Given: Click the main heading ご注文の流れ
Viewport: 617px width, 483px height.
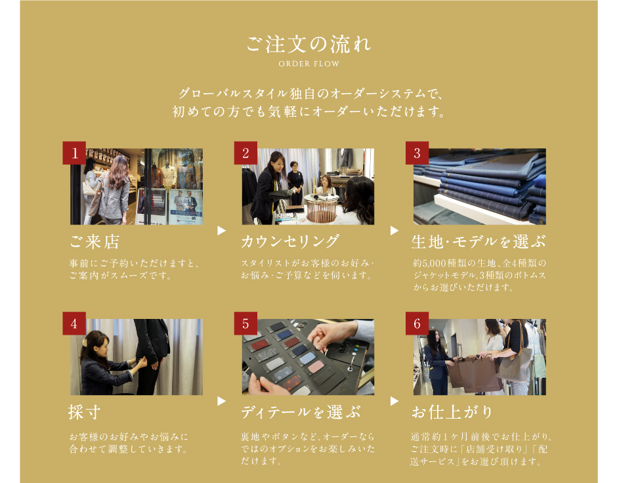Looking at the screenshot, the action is [308, 44].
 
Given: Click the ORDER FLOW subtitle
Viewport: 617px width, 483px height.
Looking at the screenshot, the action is [309, 64].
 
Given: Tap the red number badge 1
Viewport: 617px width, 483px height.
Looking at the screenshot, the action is [74, 153].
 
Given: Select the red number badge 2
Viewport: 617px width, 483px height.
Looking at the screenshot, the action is [245, 153].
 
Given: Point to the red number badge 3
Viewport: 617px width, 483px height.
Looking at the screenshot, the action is [417, 153].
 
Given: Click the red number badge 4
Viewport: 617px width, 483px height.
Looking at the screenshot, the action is [74, 324].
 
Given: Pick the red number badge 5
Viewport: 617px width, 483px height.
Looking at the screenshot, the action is [245, 324].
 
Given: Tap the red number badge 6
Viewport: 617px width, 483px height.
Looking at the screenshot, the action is [417, 324].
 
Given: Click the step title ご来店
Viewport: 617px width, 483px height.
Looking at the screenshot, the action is [95, 241].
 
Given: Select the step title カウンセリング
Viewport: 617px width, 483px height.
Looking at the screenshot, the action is [290, 241].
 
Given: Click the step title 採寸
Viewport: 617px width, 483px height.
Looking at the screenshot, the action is [84, 412].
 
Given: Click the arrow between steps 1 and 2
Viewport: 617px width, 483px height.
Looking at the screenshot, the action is [221, 230].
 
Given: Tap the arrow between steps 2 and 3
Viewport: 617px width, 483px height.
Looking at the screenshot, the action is [394, 230].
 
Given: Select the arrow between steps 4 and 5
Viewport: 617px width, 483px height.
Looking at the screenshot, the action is [221, 401].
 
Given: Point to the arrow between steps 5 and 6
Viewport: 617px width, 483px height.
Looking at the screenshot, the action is [394, 401].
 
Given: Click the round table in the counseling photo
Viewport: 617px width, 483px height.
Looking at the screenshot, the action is [321, 208].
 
